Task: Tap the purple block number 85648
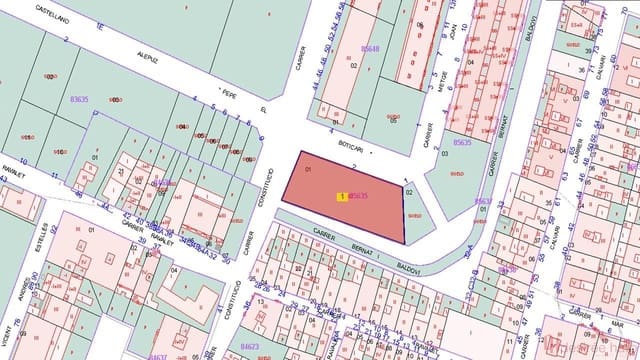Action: [370, 49]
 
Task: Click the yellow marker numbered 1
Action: [342, 197]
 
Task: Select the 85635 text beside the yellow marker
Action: [359, 197]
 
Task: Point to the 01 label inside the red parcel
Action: [308, 171]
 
